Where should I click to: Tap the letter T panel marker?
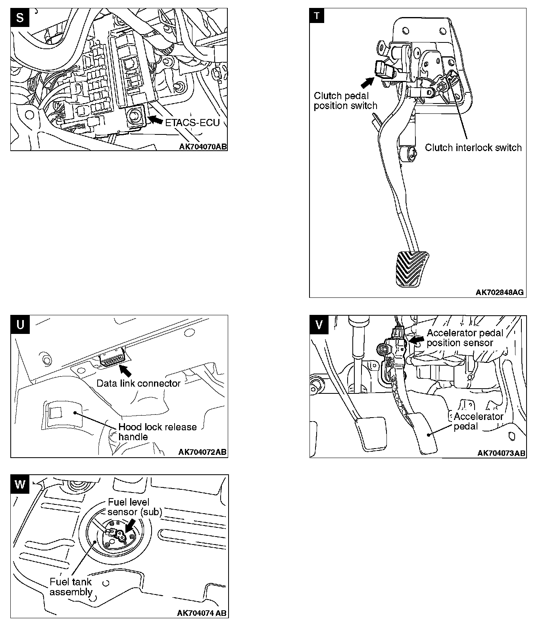(x=317, y=16)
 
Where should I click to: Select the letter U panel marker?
(x=20, y=325)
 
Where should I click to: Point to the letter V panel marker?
(x=319, y=325)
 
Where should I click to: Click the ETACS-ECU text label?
(x=192, y=123)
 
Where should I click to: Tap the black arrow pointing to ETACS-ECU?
(x=155, y=119)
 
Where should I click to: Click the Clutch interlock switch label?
(x=473, y=148)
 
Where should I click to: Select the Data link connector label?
(x=138, y=383)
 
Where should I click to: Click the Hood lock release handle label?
(x=158, y=432)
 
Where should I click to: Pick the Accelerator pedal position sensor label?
(x=464, y=338)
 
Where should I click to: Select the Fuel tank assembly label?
(x=71, y=587)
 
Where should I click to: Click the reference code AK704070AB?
(x=203, y=146)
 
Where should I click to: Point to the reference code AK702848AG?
(x=500, y=293)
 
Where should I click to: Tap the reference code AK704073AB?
(x=501, y=453)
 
